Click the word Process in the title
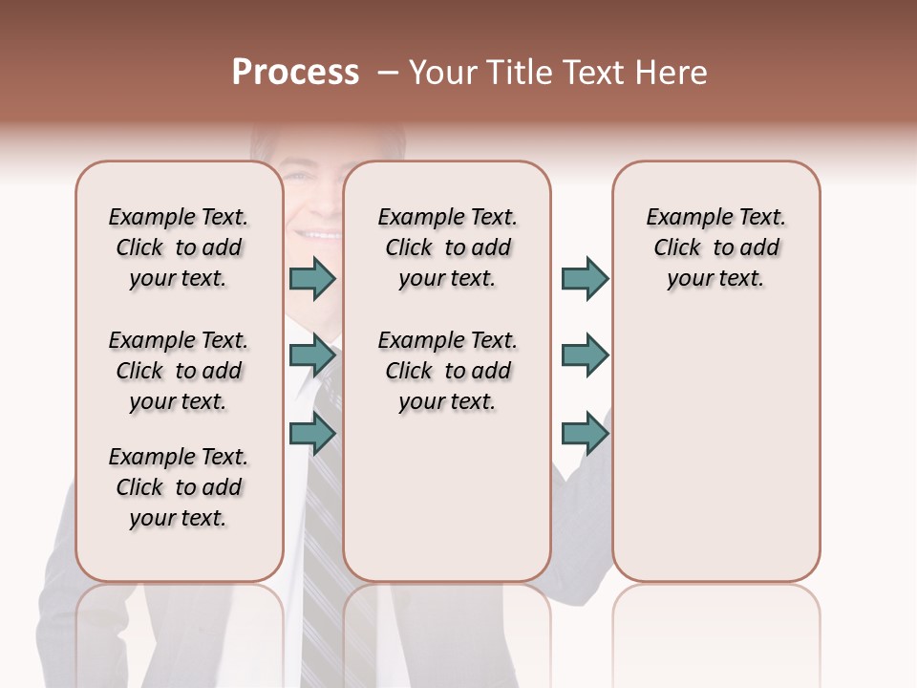[x=295, y=73]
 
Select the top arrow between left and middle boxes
[x=312, y=279]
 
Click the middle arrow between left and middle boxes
[x=312, y=355]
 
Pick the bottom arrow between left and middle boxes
[x=312, y=434]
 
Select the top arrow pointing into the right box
[x=585, y=279]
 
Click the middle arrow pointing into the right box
[x=585, y=355]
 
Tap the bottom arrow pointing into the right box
[x=585, y=434]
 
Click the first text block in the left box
[x=179, y=247]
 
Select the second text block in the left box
[x=179, y=371]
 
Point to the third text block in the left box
[x=179, y=487]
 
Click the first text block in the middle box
[x=447, y=247]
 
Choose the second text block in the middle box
[x=447, y=371]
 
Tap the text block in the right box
[x=715, y=247]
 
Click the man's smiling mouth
[x=318, y=233]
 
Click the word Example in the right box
[x=682, y=218]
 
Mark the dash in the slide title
[x=388, y=73]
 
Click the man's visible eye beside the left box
[x=300, y=176]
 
